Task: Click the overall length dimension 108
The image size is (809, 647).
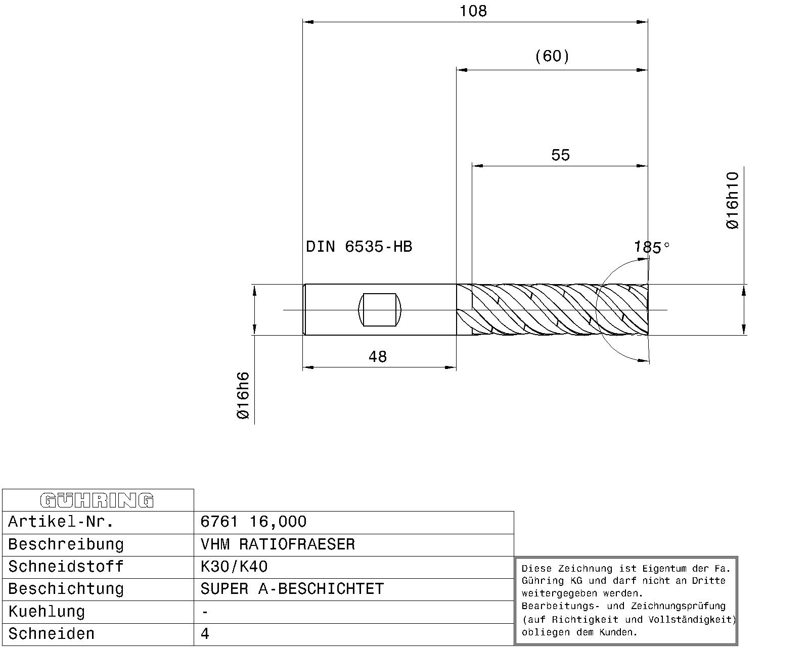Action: [x=473, y=11]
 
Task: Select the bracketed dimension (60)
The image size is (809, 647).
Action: [x=552, y=57]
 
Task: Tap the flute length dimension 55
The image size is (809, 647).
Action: [x=561, y=155]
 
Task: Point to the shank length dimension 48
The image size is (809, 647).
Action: [x=377, y=356]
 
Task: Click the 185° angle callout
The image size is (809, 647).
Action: [x=651, y=247]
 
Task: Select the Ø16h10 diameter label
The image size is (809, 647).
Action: [x=733, y=200]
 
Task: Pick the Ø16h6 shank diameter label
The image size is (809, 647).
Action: [x=243, y=395]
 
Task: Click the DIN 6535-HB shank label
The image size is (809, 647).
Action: [x=359, y=247]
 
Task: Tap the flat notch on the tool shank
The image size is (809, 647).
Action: [x=380, y=310]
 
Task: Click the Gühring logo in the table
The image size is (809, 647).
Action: [x=97, y=500]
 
